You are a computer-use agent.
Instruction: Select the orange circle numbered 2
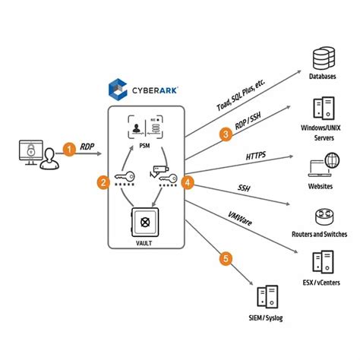click(x=102, y=182)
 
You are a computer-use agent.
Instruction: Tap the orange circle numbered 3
click(x=226, y=135)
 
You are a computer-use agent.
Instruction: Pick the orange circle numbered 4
click(x=188, y=182)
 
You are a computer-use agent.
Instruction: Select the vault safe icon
click(x=146, y=223)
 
